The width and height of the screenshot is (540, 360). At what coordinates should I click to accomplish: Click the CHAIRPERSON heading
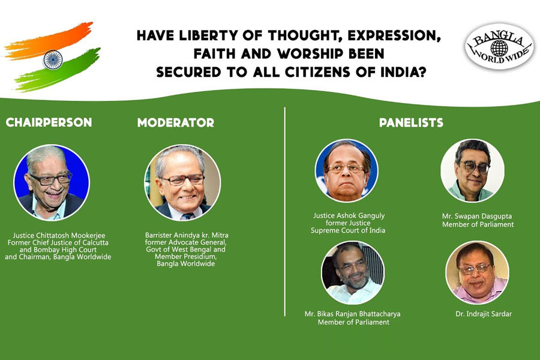(x=49, y=122)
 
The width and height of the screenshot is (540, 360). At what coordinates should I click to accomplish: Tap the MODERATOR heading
(x=176, y=122)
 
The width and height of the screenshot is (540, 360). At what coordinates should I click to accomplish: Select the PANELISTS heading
(x=411, y=122)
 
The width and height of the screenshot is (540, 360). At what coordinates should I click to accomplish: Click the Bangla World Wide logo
(x=499, y=47)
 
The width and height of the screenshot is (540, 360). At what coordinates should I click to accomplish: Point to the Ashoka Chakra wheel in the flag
(x=53, y=59)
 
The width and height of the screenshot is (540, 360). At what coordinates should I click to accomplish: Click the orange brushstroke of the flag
(x=48, y=40)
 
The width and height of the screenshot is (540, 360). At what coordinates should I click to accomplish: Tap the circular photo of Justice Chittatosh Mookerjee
(x=52, y=182)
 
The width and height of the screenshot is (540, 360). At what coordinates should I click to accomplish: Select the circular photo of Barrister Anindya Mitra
(x=182, y=182)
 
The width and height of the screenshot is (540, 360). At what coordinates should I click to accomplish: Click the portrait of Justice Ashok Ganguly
(x=347, y=170)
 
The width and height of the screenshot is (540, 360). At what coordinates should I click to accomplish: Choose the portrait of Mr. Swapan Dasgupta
(x=473, y=170)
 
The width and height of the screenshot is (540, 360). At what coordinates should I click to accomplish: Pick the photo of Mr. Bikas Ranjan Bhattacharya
(x=353, y=272)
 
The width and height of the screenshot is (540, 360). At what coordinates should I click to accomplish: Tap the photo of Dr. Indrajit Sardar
(x=477, y=272)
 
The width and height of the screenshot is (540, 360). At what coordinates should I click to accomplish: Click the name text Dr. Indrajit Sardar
(x=484, y=314)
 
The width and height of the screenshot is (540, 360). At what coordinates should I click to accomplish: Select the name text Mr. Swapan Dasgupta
(x=477, y=217)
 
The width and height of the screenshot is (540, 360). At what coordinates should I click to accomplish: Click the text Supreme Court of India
(x=348, y=230)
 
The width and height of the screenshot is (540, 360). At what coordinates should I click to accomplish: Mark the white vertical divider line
(x=285, y=212)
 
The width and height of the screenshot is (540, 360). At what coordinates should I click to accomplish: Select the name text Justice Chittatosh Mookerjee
(x=59, y=236)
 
